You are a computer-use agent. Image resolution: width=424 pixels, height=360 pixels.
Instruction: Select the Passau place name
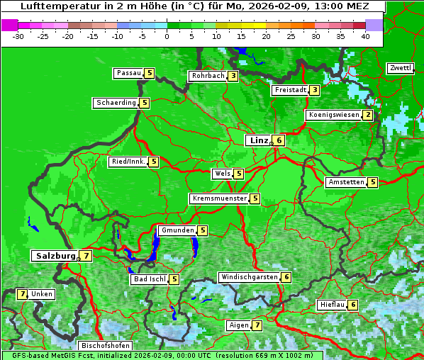click(128, 73)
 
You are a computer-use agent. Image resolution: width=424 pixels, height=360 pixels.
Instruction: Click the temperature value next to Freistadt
click(314, 90)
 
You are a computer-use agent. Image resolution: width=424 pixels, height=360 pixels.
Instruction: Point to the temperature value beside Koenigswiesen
click(368, 115)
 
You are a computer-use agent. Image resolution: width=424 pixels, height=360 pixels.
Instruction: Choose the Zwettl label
click(400, 68)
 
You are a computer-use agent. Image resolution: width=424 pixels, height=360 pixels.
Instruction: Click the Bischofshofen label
click(105, 346)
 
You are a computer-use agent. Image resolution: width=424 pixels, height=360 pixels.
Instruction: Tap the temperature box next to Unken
click(22, 293)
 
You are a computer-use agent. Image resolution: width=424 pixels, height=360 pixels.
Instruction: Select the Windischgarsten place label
click(249, 277)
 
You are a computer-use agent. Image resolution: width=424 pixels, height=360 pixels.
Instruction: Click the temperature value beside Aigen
click(257, 325)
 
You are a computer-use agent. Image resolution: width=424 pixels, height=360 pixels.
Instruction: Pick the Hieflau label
click(332, 305)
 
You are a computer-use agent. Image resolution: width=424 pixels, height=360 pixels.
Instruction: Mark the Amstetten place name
click(345, 182)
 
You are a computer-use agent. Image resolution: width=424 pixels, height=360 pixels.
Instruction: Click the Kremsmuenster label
click(219, 198)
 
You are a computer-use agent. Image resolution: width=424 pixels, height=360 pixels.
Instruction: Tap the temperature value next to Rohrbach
click(233, 76)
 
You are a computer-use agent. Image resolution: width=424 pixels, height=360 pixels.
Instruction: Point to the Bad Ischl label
click(149, 279)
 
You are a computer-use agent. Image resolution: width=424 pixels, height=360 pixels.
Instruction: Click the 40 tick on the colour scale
click(365, 35)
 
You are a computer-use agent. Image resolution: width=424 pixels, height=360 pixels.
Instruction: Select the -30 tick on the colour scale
click(18, 35)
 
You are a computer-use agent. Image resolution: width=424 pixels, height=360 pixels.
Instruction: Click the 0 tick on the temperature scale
click(167, 35)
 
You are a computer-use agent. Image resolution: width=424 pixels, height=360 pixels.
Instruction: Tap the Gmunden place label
click(177, 230)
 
